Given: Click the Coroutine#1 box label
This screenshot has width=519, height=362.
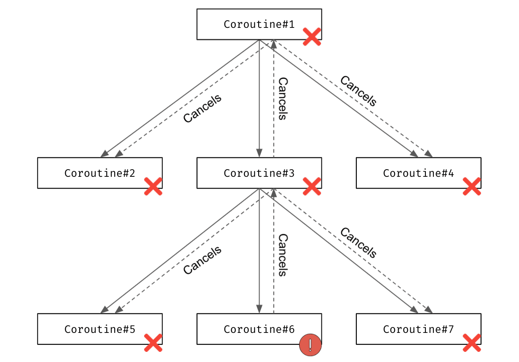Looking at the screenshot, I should tap(259, 24).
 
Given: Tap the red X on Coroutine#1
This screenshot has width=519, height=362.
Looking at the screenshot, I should tap(312, 37).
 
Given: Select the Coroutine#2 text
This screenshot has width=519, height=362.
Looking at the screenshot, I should tap(100, 173).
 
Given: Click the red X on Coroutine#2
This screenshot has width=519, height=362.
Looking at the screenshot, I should tap(153, 186).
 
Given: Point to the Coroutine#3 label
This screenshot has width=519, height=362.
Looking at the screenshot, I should tap(259, 173).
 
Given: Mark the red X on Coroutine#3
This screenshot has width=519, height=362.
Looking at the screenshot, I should tap(312, 186).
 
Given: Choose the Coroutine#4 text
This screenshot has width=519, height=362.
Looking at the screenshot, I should tap(418, 173).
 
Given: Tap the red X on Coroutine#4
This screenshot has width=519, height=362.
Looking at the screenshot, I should tap(471, 186).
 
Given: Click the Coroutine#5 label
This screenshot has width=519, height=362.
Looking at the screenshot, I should tap(100, 329).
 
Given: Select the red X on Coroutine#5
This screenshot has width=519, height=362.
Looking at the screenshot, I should tap(153, 343).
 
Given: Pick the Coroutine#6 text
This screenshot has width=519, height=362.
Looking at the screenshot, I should tap(259, 329).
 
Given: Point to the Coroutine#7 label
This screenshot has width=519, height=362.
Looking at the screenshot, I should tap(418, 329).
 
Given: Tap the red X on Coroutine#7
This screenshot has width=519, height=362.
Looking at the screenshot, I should tap(471, 343).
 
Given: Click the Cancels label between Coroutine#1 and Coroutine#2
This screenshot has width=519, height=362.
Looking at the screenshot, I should tap(202, 108).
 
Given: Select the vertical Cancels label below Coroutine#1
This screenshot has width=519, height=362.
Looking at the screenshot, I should tap(283, 99).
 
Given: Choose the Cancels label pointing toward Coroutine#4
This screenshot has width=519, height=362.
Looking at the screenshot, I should tap(358, 91).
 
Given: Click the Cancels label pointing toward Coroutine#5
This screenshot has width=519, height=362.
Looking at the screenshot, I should tap(202, 260).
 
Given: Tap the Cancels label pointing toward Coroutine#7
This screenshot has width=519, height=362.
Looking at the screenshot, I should tap(358, 243).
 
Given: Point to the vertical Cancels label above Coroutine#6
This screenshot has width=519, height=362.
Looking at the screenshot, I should tap(283, 255).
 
